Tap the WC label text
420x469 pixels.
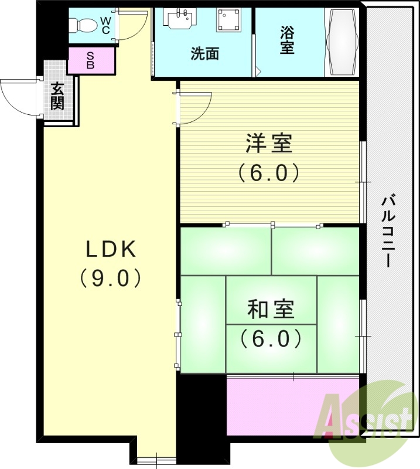pyautogui.click(x=105, y=25)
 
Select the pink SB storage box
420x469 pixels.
pyautogui.click(x=91, y=60)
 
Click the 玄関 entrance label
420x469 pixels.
pyautogui.click(x=57, y=97)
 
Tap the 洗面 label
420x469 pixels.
pyautogui.click(x=204, y=53)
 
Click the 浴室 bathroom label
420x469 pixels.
pyautogui.click(x=286, y=40)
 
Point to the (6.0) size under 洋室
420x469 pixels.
pyautogui.click(x=269, y=173)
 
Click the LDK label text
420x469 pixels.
pyautogui.click(x=111, y=250)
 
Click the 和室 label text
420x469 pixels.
pyautogui.click(x=270, y=309)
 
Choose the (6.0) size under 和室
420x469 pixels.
pyautogui.click(x=270, y=338)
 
